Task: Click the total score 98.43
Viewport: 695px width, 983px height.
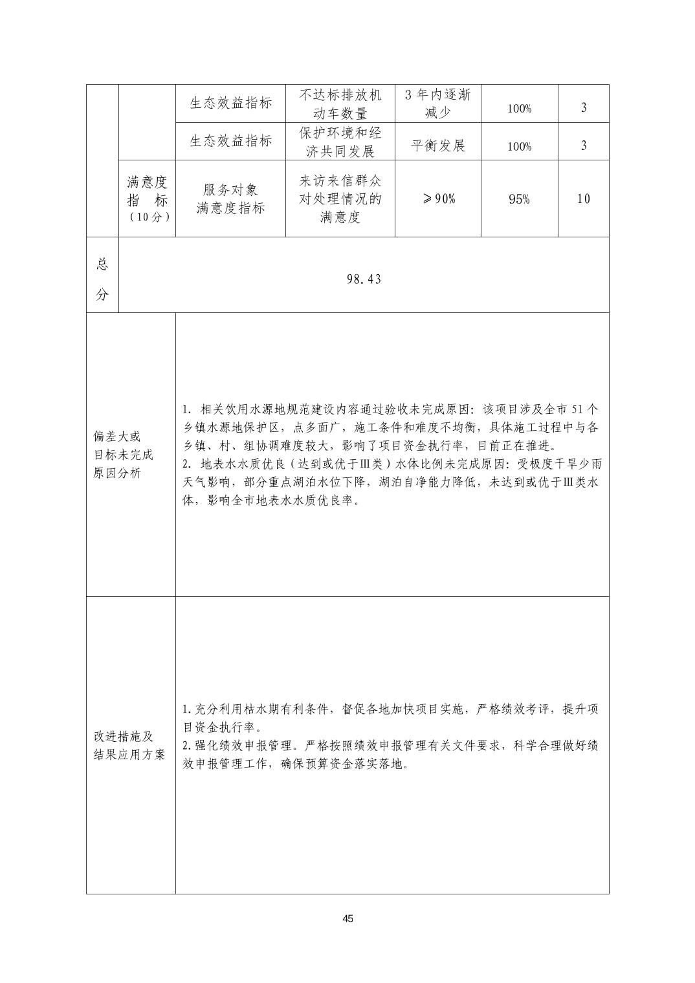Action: pyautogui.click(x=364, y=279)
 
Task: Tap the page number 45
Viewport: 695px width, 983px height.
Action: pyautogui.click(x=347, y=919)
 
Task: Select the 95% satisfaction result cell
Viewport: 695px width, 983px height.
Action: pyautogui.click(x=519, y=199)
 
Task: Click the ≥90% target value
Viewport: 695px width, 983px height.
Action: pyautogui.click(x=438, y=199)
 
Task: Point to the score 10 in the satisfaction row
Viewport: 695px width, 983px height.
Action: pyautogui.click(x=583, y=199)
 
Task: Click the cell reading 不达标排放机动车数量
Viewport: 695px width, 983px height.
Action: pyautogui.click(x=340, y=104)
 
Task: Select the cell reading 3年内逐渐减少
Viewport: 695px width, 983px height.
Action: pyautogui.click(x=438, y=104)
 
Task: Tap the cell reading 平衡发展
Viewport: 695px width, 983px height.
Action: pyautogui.click(x=438, y=145)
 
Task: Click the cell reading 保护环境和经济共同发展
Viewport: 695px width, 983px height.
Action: pyautogui.click(x=340, y=142)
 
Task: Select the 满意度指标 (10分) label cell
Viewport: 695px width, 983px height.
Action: pyautogui.click(x=147, y=199)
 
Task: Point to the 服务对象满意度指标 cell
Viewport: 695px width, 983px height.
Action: pyautogui.click(x=230, y=199)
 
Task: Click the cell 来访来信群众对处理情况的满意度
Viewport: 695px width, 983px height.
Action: pyautogui.click(x=340, y=199)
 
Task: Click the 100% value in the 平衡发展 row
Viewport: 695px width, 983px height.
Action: pyautogui.click(x=519, y=146)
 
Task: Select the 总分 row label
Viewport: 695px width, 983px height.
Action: pyautogui.click(x=102, y=279)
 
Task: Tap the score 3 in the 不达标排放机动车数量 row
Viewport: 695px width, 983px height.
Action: pyautogui.click(x=583, y=108)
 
